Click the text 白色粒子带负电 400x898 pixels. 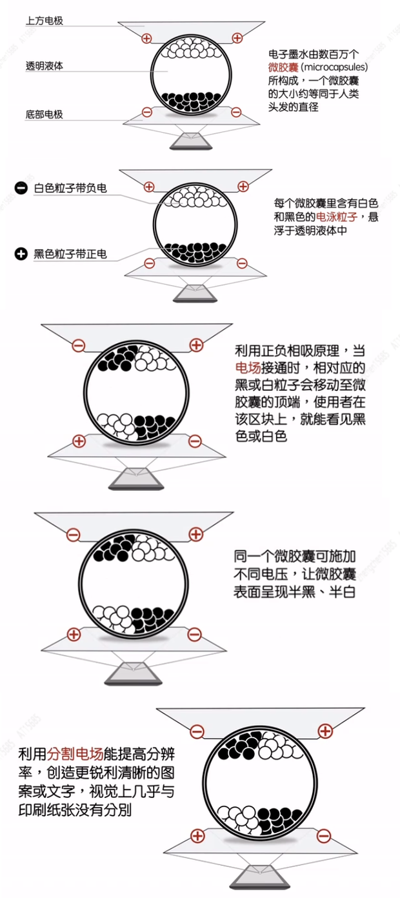click(x=70, y=188)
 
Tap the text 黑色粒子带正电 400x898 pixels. click(x=70, y=253)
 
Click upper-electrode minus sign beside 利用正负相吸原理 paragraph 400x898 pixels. click(x=78, y=346)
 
